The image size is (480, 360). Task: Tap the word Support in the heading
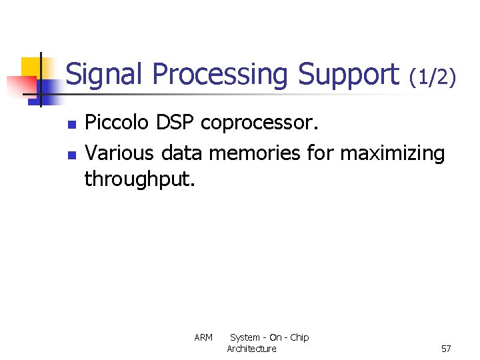click(348, 75)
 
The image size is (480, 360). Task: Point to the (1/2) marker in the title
click(433, 77)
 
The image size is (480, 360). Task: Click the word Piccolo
click(117, 123)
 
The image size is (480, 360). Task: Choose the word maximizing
click(392, 154)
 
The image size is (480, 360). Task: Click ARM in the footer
click(203, 338)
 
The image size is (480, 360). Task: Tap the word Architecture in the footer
click(251, 349)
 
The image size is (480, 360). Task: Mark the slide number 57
click(446, 349)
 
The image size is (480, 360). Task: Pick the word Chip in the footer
click(299, 337)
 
